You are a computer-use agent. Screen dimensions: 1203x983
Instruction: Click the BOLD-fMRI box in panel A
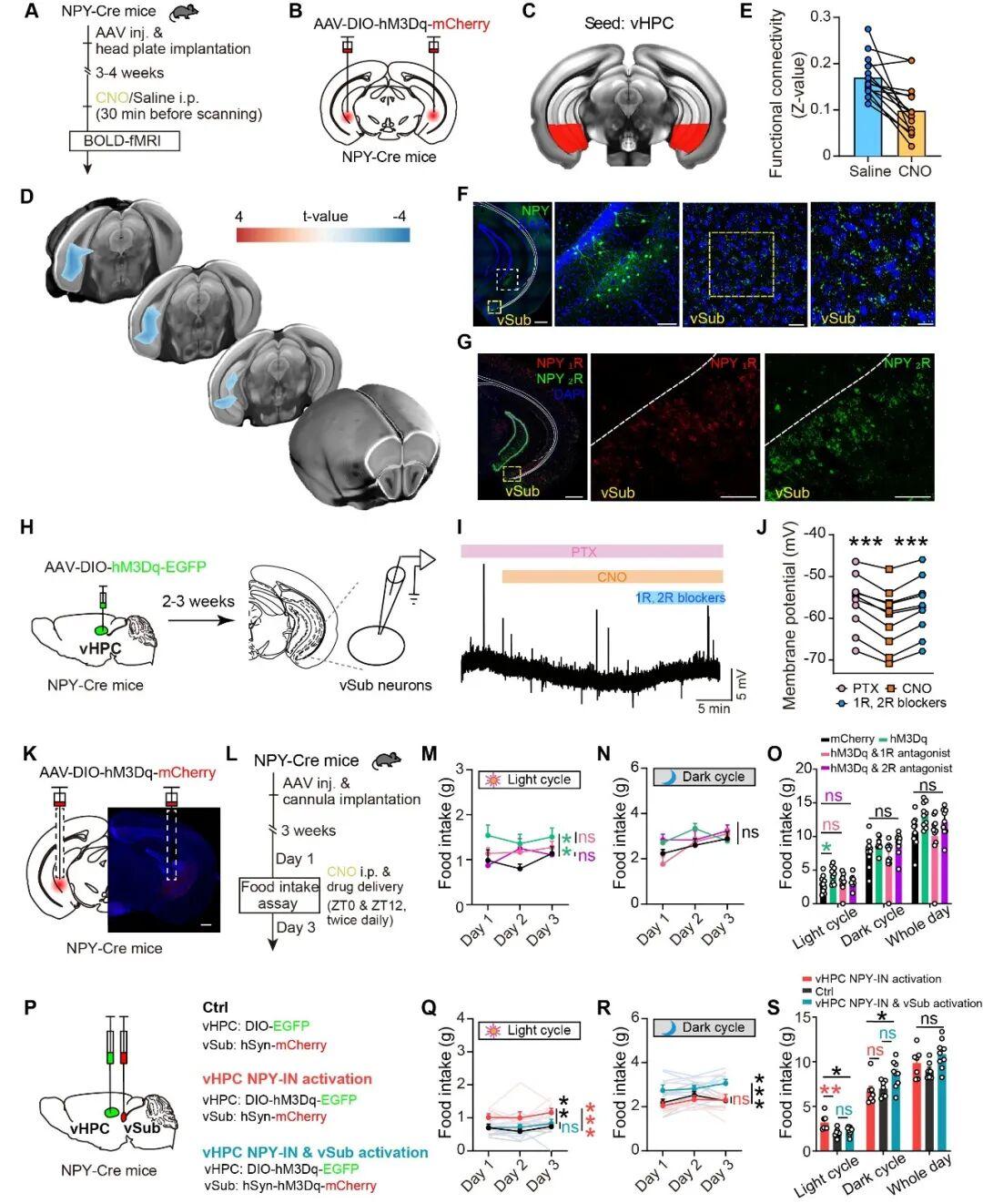tap(125, 140)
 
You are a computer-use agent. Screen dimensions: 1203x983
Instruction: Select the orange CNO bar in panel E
tap(912, 133)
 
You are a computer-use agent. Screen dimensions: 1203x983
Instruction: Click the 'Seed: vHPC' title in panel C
tap(629, 23)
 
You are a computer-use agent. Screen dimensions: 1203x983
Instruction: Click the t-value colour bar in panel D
tap(323, 234)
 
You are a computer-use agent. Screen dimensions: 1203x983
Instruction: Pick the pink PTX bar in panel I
tap(592, 551)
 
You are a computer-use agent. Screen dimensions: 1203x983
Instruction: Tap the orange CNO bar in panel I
tap(612, 576)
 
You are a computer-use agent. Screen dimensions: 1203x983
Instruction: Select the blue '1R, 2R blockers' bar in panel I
tap(679, 598)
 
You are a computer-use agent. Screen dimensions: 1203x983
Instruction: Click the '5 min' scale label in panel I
tap(714, 709)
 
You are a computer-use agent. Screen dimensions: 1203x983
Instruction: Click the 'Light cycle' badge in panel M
tap(529, 780)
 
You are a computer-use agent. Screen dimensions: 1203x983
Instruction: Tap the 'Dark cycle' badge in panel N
tap(704, 777)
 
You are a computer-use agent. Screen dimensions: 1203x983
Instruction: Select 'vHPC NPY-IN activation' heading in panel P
tap(287, 1079)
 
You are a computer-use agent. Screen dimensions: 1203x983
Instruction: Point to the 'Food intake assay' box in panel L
tap(279, 895)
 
